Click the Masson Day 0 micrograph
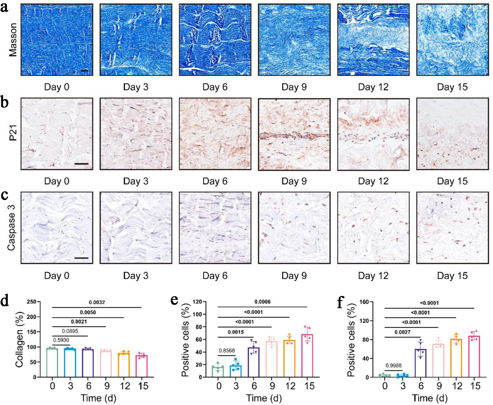[x=57, y=40]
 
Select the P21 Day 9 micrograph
[x=294, y=134]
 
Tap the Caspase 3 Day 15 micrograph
[x=452, y=228]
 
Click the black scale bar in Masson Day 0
[x=84, y=71]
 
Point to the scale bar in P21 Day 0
[x=82, y=164]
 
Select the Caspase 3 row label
[x=11, y=228]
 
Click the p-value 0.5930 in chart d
[x=61, y=340]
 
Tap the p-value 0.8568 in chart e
[x=227, y=350]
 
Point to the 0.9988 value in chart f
[x=393, y=366]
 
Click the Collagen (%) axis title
[x=19, y=349]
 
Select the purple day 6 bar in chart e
[x=253, y=362]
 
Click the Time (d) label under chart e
[x=264, y=398]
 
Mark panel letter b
[x=4, y=103]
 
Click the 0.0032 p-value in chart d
[x=97, y=302]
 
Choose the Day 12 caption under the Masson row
[x=373, y=87]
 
